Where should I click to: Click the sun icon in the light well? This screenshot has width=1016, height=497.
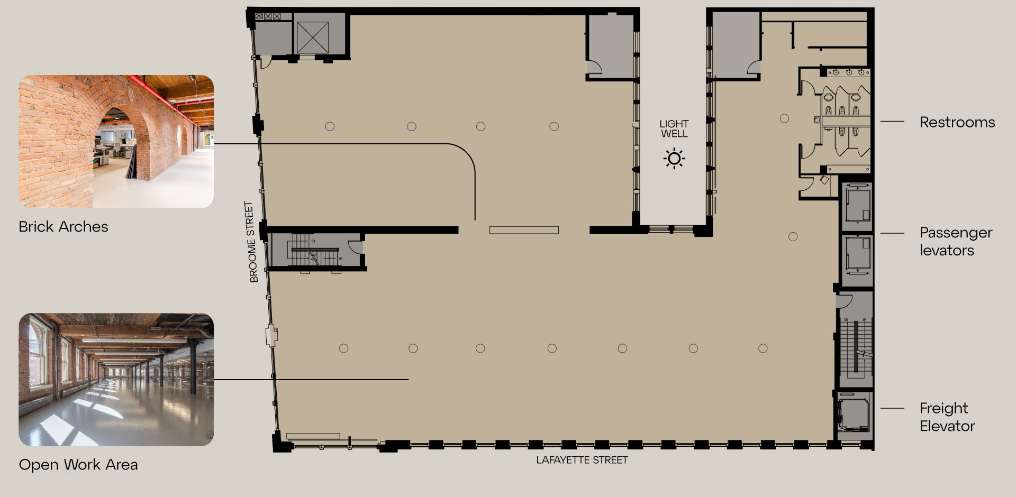click(x=674, y=159)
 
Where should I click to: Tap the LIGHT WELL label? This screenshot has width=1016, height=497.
click(x=674, y=129)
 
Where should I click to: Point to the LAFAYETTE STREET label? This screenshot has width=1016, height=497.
click(x=582, y=460)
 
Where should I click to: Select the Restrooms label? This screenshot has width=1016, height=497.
click(x=957, y=122)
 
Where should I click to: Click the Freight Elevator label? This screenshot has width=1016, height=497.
click(x=947, y=417)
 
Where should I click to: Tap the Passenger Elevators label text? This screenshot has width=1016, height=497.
click(x=956, y=241)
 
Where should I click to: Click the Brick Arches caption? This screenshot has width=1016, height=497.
click(x=63, y=227)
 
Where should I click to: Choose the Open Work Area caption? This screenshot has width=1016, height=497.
click(x=78, y=465)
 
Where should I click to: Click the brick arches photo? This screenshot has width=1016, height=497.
click(x=116, y=141)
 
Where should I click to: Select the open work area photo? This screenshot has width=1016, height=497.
click(x=116, y=380)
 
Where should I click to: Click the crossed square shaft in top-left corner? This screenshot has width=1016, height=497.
click(x=313, y=38)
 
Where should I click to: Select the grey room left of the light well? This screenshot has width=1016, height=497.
click(x=610, y=47)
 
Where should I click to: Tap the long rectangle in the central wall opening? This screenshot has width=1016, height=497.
click(x=524, y=230)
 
